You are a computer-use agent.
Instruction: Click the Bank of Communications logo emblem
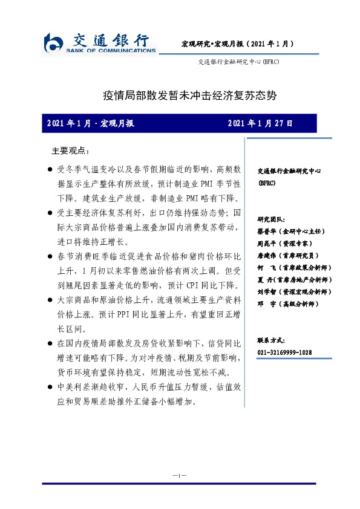click(x=54, y=44)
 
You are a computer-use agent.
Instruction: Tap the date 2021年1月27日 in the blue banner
click(x=260, y=123)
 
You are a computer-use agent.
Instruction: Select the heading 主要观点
click(x=71, y=150)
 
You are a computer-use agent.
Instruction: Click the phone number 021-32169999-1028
click(x=284, y=352)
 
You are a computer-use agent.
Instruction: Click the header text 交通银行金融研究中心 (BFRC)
click(x=238, y=62)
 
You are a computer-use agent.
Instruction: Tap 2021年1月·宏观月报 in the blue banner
click(x=90, y=123)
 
